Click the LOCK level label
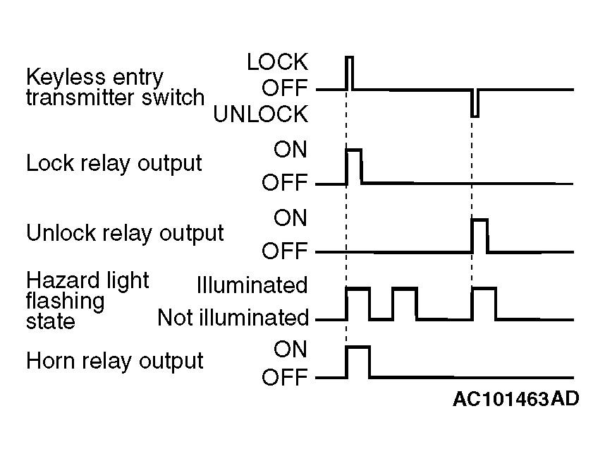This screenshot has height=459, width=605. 277,62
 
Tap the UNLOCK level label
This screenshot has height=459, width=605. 261,114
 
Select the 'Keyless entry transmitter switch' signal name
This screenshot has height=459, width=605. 115,88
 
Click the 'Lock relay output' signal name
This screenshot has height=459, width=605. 114,163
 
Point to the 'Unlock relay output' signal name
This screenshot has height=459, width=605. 125,233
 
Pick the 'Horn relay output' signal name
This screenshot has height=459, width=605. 115,362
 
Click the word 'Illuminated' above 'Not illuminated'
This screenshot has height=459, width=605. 252,285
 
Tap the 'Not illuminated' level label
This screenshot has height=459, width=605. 233,318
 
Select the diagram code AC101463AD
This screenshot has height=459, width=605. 516,399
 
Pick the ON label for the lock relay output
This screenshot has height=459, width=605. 290,150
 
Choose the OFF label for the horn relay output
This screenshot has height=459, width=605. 285,377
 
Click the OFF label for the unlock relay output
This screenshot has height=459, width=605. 285,251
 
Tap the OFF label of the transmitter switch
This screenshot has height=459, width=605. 285,88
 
